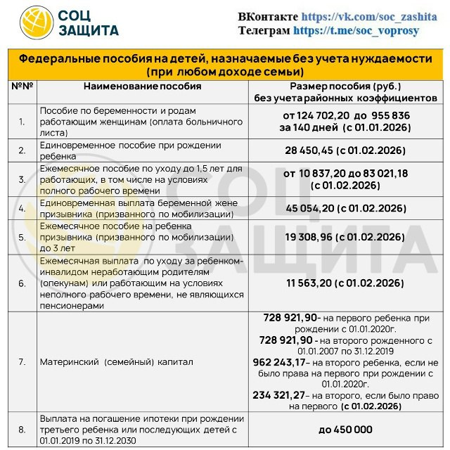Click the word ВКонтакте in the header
tap(268, 16)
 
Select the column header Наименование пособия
tap(142, 86)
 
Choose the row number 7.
tap(22, 362)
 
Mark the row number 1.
tap(22, 122)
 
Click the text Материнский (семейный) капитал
tap(116, 362)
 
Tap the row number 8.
tap(22, 430)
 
